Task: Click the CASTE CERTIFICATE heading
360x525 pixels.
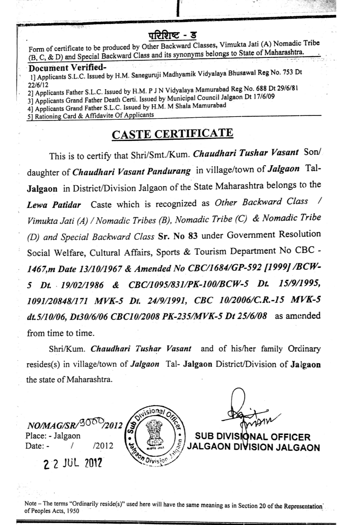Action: click(x=172, y=134)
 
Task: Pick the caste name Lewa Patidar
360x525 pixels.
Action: click(x=54, y=205)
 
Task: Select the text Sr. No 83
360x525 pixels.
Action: click(x=178, y=236)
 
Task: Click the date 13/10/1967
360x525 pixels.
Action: click(x=100, y=269)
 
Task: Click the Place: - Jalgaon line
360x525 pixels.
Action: click(x=53, y=436)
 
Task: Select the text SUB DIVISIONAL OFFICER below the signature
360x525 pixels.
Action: click(x=253, y=437)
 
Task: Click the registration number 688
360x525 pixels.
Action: click(x=255, y=89)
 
